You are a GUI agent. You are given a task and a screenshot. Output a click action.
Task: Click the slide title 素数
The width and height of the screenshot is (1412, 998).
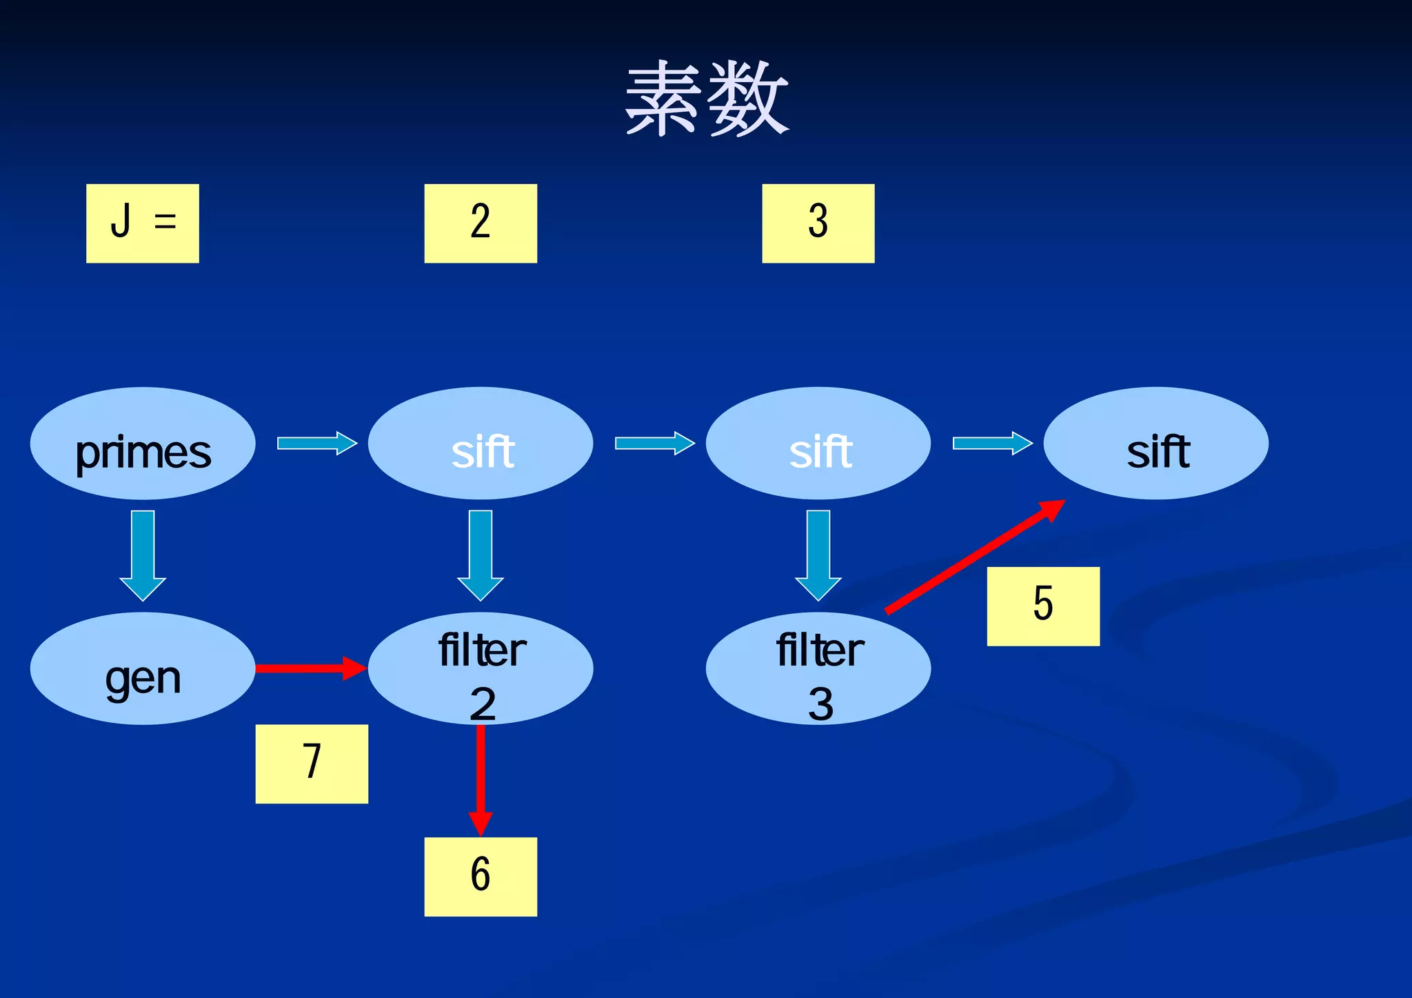706,98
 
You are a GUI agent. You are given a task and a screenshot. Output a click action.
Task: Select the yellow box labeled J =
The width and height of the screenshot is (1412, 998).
142,223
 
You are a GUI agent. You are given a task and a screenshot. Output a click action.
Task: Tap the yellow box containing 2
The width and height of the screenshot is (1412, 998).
480,223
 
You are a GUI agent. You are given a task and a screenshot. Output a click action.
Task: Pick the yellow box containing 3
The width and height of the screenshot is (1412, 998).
818,223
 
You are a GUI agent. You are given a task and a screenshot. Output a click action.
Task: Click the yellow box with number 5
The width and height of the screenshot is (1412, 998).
1042,606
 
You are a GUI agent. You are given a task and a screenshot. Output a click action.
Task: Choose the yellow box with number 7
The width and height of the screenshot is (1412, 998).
312,764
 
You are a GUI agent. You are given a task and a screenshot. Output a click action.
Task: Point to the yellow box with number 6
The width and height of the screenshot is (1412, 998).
480,876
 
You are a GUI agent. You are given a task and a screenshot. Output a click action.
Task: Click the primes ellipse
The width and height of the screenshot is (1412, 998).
143,443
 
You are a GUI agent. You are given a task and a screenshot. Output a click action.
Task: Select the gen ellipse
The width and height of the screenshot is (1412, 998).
143,668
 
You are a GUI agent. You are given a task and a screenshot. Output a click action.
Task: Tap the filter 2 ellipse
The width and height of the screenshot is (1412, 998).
481,668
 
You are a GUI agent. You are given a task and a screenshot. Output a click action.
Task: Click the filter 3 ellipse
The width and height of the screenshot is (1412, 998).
818,668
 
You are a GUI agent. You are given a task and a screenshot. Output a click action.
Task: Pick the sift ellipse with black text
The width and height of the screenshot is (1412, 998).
1156,443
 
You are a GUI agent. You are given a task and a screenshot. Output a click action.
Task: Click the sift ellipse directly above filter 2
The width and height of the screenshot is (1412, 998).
481,443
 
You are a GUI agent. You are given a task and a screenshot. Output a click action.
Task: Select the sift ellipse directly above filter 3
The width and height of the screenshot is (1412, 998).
818,443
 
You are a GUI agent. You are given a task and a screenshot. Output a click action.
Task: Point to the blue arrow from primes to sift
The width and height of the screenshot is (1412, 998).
316,443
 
